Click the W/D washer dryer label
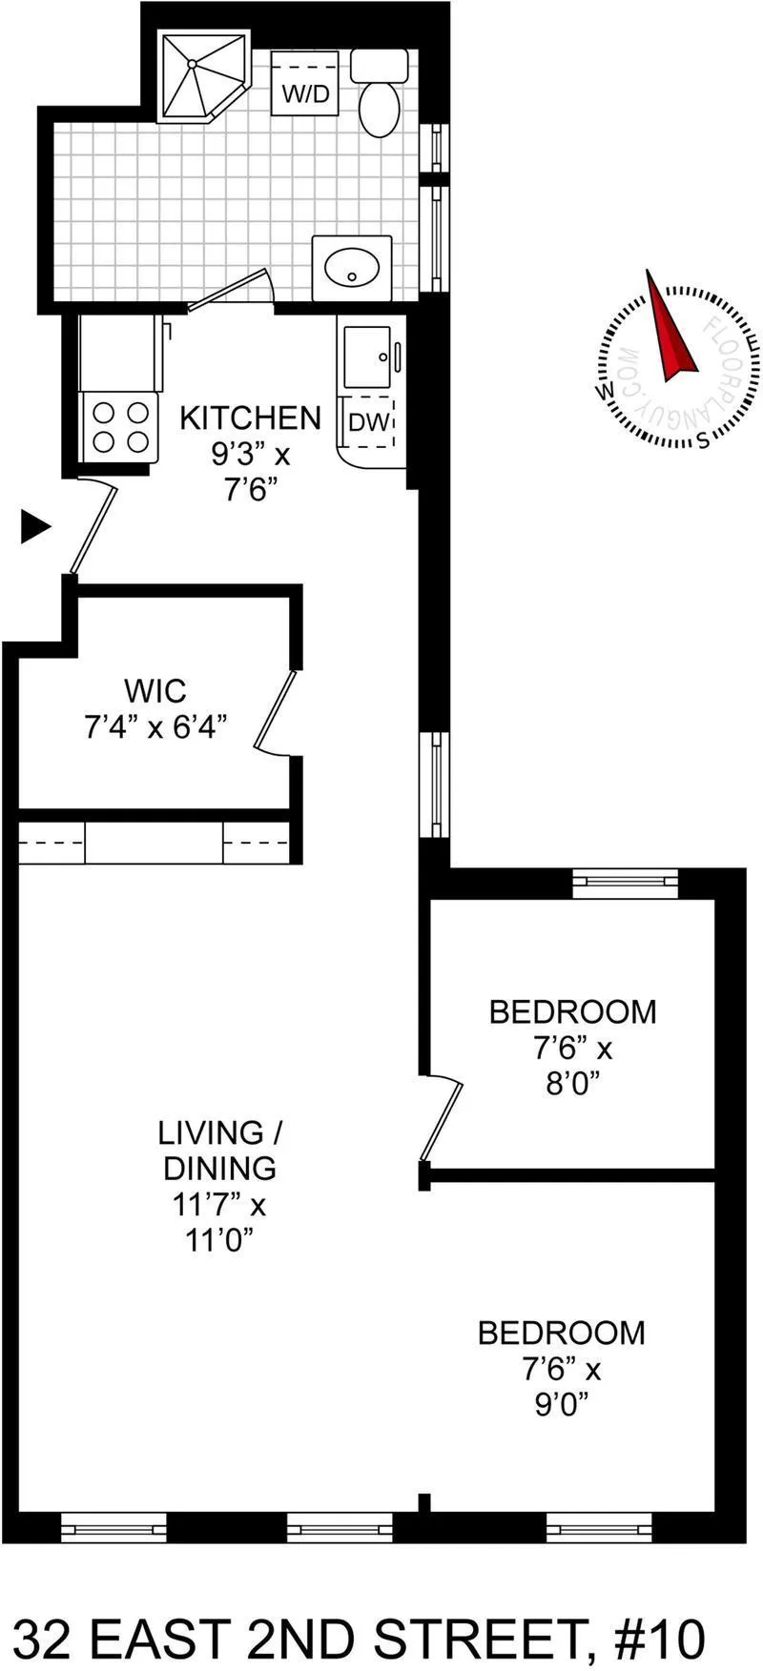[304, 95]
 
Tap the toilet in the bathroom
[380, 105]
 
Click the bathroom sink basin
[351, 268]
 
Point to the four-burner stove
[119, 426]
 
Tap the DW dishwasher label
[368, 423]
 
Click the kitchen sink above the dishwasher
[367, 357]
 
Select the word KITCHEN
[250, 418]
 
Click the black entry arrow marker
[35, 526]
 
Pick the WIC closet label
[155, 689]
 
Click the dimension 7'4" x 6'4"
[155, 727]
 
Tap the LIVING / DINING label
[220, 1151]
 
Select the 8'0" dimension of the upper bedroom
[572, 1084]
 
